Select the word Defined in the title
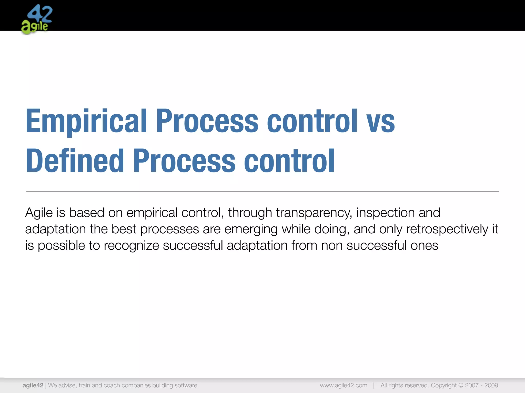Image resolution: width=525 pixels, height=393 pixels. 75,161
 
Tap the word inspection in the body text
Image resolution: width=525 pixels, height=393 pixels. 386,212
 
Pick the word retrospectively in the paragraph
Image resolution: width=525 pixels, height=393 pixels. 447,229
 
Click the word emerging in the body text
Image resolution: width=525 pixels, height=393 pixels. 251,229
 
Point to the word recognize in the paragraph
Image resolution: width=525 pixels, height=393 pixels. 131,246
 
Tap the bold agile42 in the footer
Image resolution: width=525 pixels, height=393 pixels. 33,385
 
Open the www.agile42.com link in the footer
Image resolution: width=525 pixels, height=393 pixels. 344,385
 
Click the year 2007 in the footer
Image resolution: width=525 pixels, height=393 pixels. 472,385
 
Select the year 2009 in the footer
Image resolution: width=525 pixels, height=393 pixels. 491,385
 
